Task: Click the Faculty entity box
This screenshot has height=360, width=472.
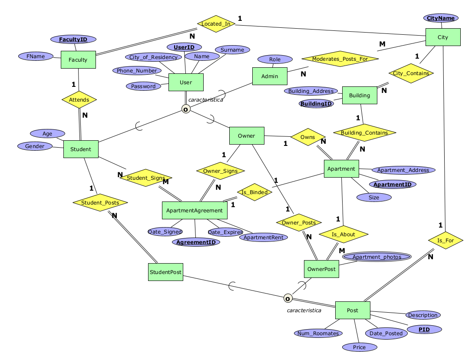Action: pos(78,60)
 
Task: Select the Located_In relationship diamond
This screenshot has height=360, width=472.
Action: pos(216,23)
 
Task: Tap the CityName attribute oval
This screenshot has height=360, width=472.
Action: pos(441,18)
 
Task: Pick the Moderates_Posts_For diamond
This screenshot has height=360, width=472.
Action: pos(340,59)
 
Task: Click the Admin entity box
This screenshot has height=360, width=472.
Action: pos(270,76)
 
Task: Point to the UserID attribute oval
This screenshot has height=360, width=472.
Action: pos(184,47)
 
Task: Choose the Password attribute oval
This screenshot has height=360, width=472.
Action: pos(143,86)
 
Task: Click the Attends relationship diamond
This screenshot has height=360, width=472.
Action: pos(79,100)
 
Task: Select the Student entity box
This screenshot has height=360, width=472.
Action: pos(81,149)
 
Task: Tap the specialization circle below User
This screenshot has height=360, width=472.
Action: pos(186,109)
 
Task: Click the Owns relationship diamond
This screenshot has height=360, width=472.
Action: pos(308,137)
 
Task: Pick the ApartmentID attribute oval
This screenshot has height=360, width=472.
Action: pos(393,185)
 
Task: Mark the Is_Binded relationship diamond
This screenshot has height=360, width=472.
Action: pos(254,192)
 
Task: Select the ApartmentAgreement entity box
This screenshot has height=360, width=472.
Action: pos(195,210)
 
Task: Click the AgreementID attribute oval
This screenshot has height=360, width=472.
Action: pos(196,242)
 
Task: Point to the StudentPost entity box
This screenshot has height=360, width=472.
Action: pos(165,272)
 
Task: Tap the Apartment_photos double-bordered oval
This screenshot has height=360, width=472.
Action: pos(376,257)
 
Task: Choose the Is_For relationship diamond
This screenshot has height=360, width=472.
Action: pos(445,240)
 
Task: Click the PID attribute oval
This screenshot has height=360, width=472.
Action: pos(424,330)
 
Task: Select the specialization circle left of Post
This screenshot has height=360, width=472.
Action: pos(287,298)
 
